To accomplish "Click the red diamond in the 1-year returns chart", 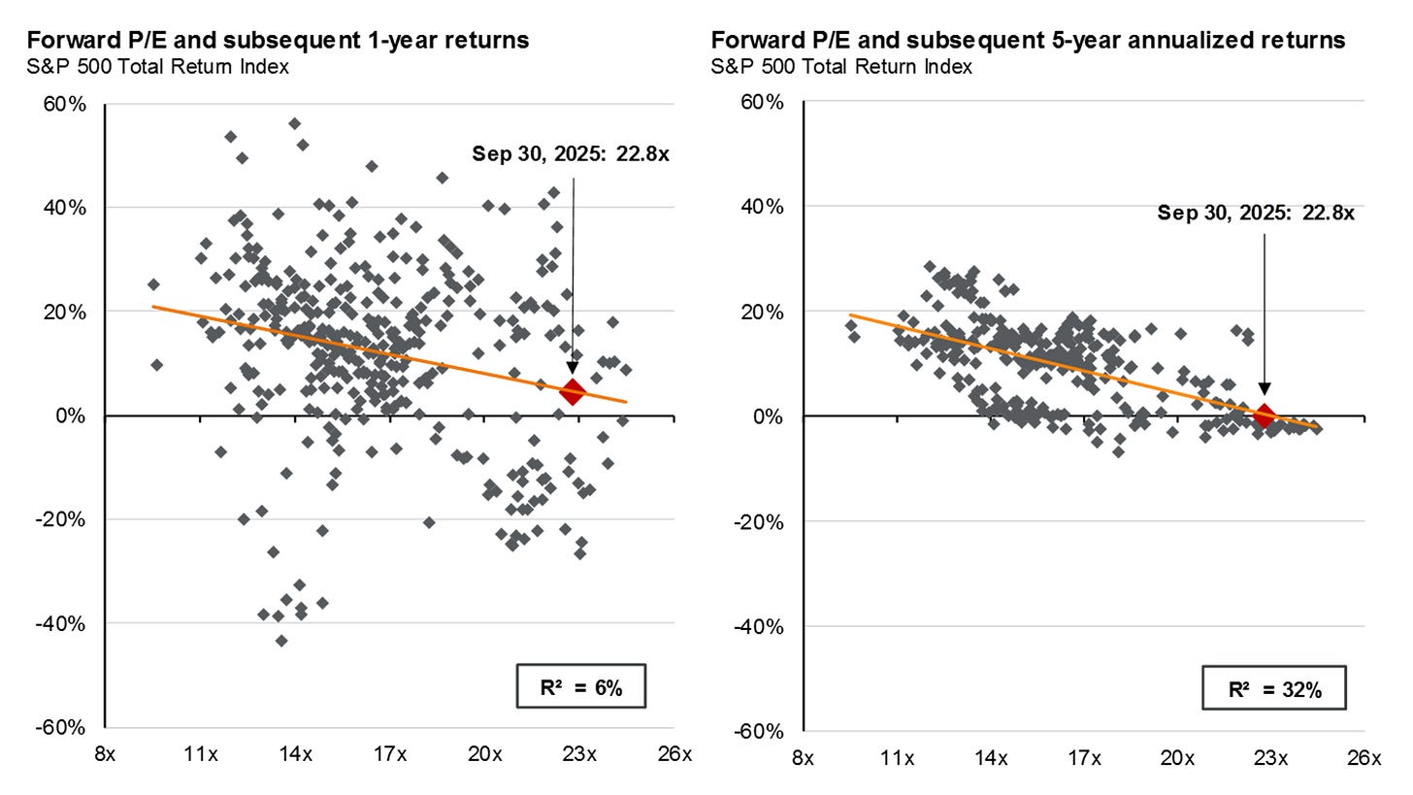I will click(x=573, y=392).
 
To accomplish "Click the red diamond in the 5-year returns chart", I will click(x=1264, y=415).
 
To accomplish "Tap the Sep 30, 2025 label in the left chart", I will click(x=571, y=153).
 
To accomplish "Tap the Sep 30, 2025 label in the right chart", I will click(x=1256, y=213).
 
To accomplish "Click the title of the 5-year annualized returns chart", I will click(x=1028, y=40).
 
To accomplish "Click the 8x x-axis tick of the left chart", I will click(x=105, y=754).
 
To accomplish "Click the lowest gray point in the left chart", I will click(x=281, y=641).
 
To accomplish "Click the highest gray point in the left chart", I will click(x=294, y=123).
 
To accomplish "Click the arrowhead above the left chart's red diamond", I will click(x=573, y=368).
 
